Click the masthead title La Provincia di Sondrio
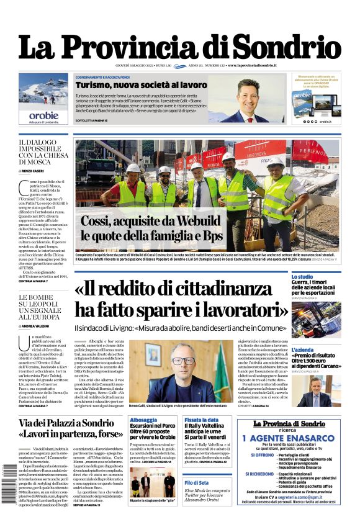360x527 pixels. click(179, 47)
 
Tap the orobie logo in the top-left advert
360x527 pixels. click(43, 115)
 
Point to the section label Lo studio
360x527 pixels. click(302, 277)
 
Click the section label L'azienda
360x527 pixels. click(302, 349)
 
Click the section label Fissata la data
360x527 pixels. click(200, 420)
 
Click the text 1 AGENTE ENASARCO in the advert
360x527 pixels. click(297, 438)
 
